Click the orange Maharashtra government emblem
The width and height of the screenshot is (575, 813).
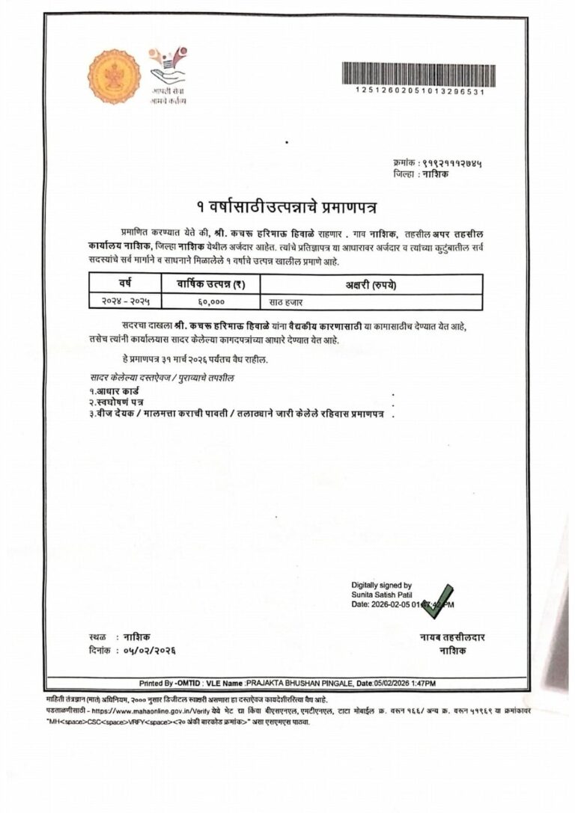tap(114, 76)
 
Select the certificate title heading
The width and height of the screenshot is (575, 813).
tap(287, 206)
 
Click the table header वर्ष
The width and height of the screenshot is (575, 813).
tap(125, 283)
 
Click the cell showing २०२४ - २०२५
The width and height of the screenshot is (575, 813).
tap(125, 301)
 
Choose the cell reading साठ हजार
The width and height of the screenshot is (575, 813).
tap(285, 301)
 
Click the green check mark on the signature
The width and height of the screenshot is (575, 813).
tap(436, 601)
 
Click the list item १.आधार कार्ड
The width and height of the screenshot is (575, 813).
tap(114, 391)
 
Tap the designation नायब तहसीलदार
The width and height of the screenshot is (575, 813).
tap(452, 637)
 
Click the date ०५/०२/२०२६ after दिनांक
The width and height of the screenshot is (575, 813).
tap(150, 651)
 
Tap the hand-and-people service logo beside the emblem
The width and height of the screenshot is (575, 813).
tap(167, 68)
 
